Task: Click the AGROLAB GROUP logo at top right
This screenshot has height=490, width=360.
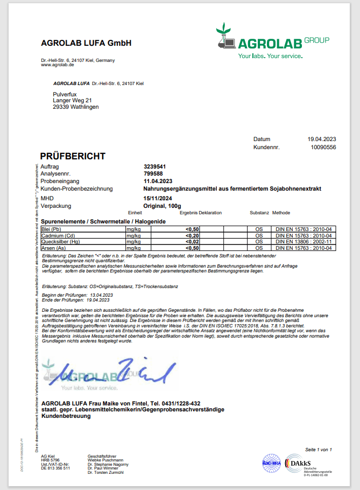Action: tap(272, 41)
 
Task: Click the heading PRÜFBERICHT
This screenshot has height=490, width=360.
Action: tap(73, 156)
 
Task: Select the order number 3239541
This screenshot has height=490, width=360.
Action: tap(154, 167)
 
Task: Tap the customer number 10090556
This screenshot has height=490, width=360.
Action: tap(323, 147)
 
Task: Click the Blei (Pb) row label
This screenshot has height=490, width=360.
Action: tap(53, 229)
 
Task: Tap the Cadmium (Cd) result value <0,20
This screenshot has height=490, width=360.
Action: tap(193, 236)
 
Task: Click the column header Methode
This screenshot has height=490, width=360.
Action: tap(281, 213)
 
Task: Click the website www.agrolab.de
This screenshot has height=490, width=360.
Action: tap(58, 65)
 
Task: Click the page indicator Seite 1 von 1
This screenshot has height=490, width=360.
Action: tap(319, 449)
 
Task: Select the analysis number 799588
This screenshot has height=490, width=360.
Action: tap(153, 174)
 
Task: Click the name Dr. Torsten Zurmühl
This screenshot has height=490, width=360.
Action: tap(105, 472)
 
